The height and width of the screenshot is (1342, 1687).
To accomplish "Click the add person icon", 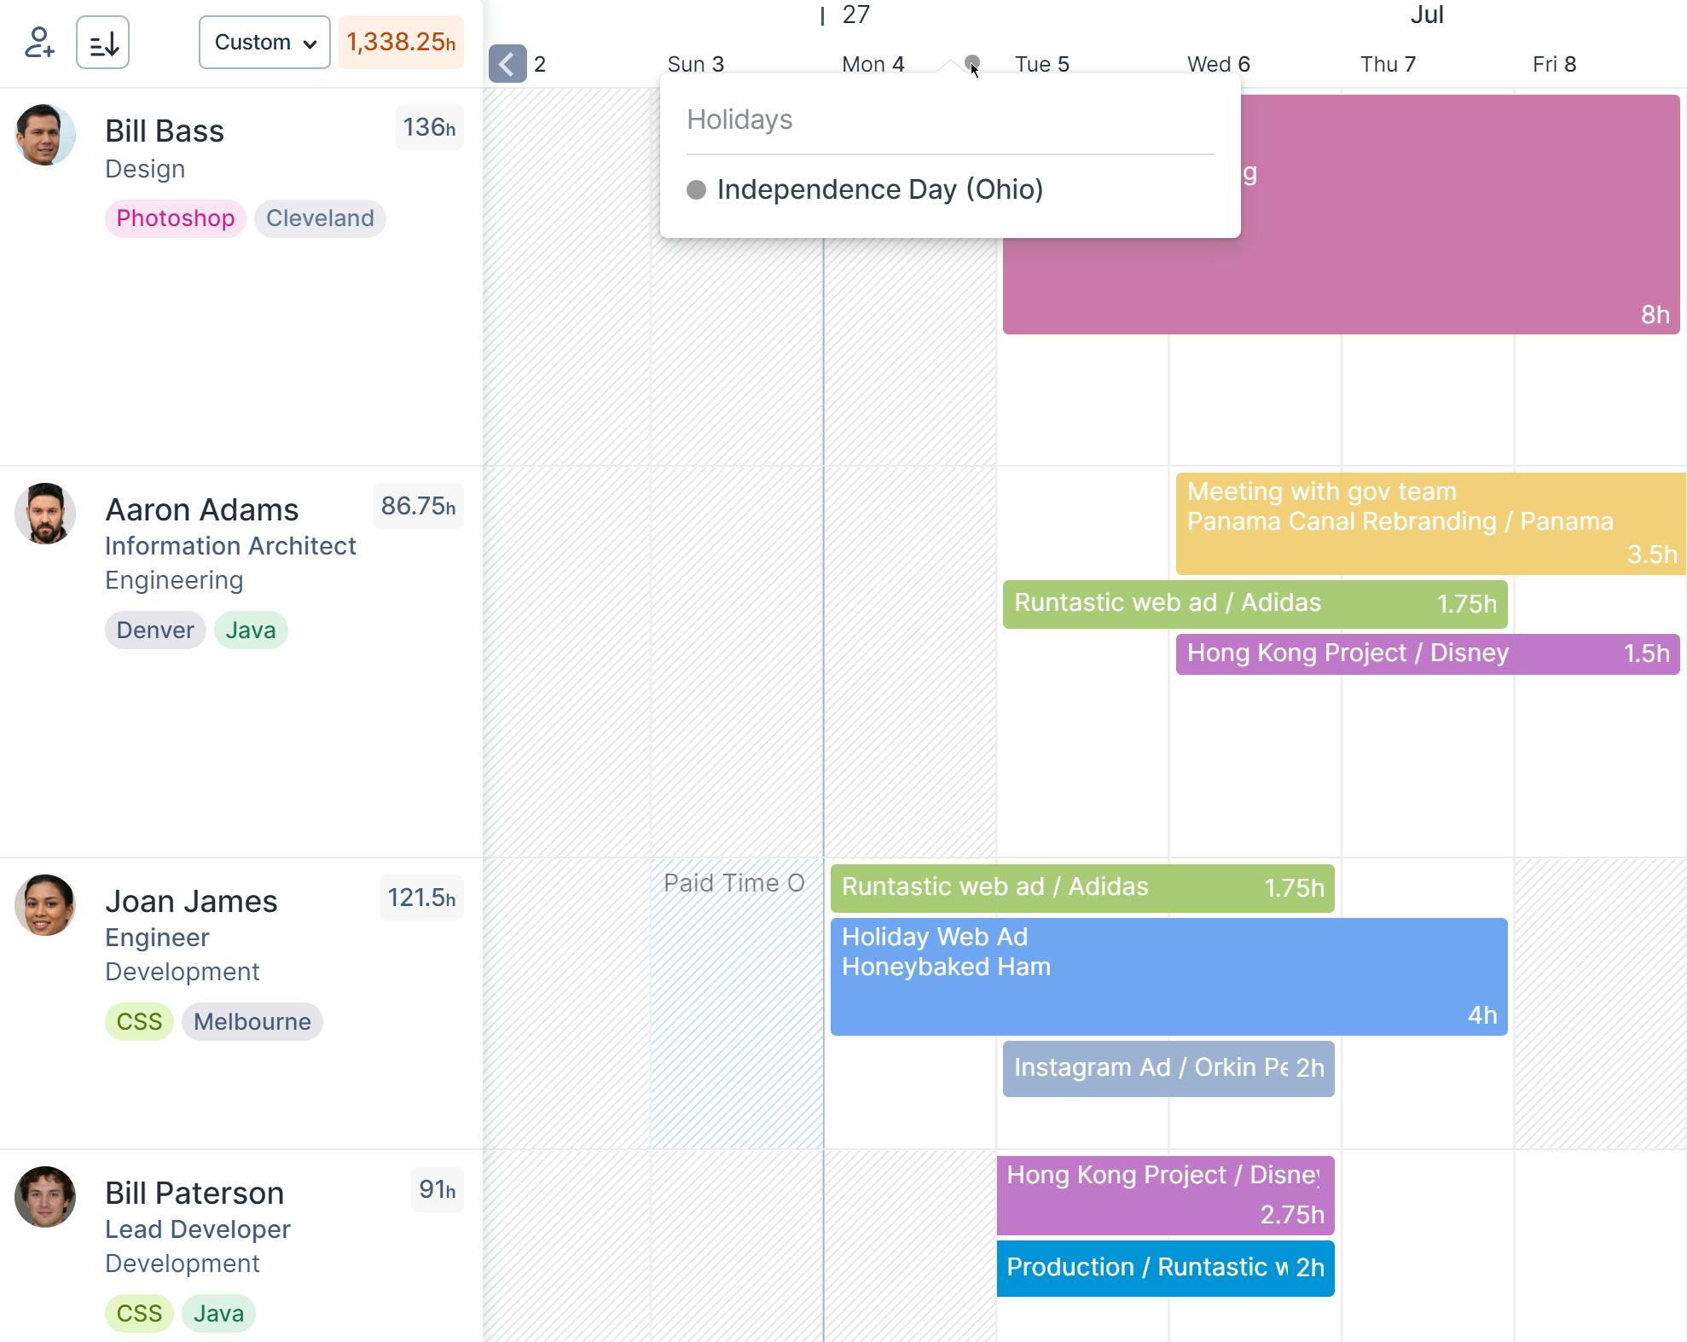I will tap(39, 42).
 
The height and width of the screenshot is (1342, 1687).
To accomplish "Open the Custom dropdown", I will tap(264, 42).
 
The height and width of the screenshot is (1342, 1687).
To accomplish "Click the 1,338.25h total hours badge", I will tap(401, 42).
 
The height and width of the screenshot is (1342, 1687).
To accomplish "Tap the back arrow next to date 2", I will tap(507, 64).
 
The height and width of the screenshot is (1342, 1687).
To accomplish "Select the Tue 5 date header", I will tap(1041, 64).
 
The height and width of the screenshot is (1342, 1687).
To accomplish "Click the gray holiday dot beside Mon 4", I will tap(971, 62).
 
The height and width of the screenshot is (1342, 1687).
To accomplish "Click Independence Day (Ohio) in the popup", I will tap(879, 189).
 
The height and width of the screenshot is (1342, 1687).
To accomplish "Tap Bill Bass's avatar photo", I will tap(45, 135).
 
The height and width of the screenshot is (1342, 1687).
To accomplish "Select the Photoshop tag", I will tap(175, 218).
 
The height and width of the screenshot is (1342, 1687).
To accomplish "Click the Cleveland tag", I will tap(320, 218).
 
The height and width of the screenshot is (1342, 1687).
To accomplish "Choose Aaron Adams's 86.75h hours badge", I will tap(418, 506).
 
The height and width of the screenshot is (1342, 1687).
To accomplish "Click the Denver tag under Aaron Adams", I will tap(155, 630).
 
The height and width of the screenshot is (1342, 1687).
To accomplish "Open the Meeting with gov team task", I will tap(1429, 523).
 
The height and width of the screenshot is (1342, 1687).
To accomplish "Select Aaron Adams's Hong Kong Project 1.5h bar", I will tap(1427, 654).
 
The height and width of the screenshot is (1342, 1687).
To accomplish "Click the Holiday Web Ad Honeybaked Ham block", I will tap(1168, 976).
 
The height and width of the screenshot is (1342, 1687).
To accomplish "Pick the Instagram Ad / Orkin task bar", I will tap(1168, 1068).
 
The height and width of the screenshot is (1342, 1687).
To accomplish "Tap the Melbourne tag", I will tap(252, 1022).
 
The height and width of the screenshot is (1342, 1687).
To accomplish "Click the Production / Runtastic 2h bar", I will tap(1165, 1268).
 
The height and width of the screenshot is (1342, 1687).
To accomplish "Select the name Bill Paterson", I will tap(194, 1193).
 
